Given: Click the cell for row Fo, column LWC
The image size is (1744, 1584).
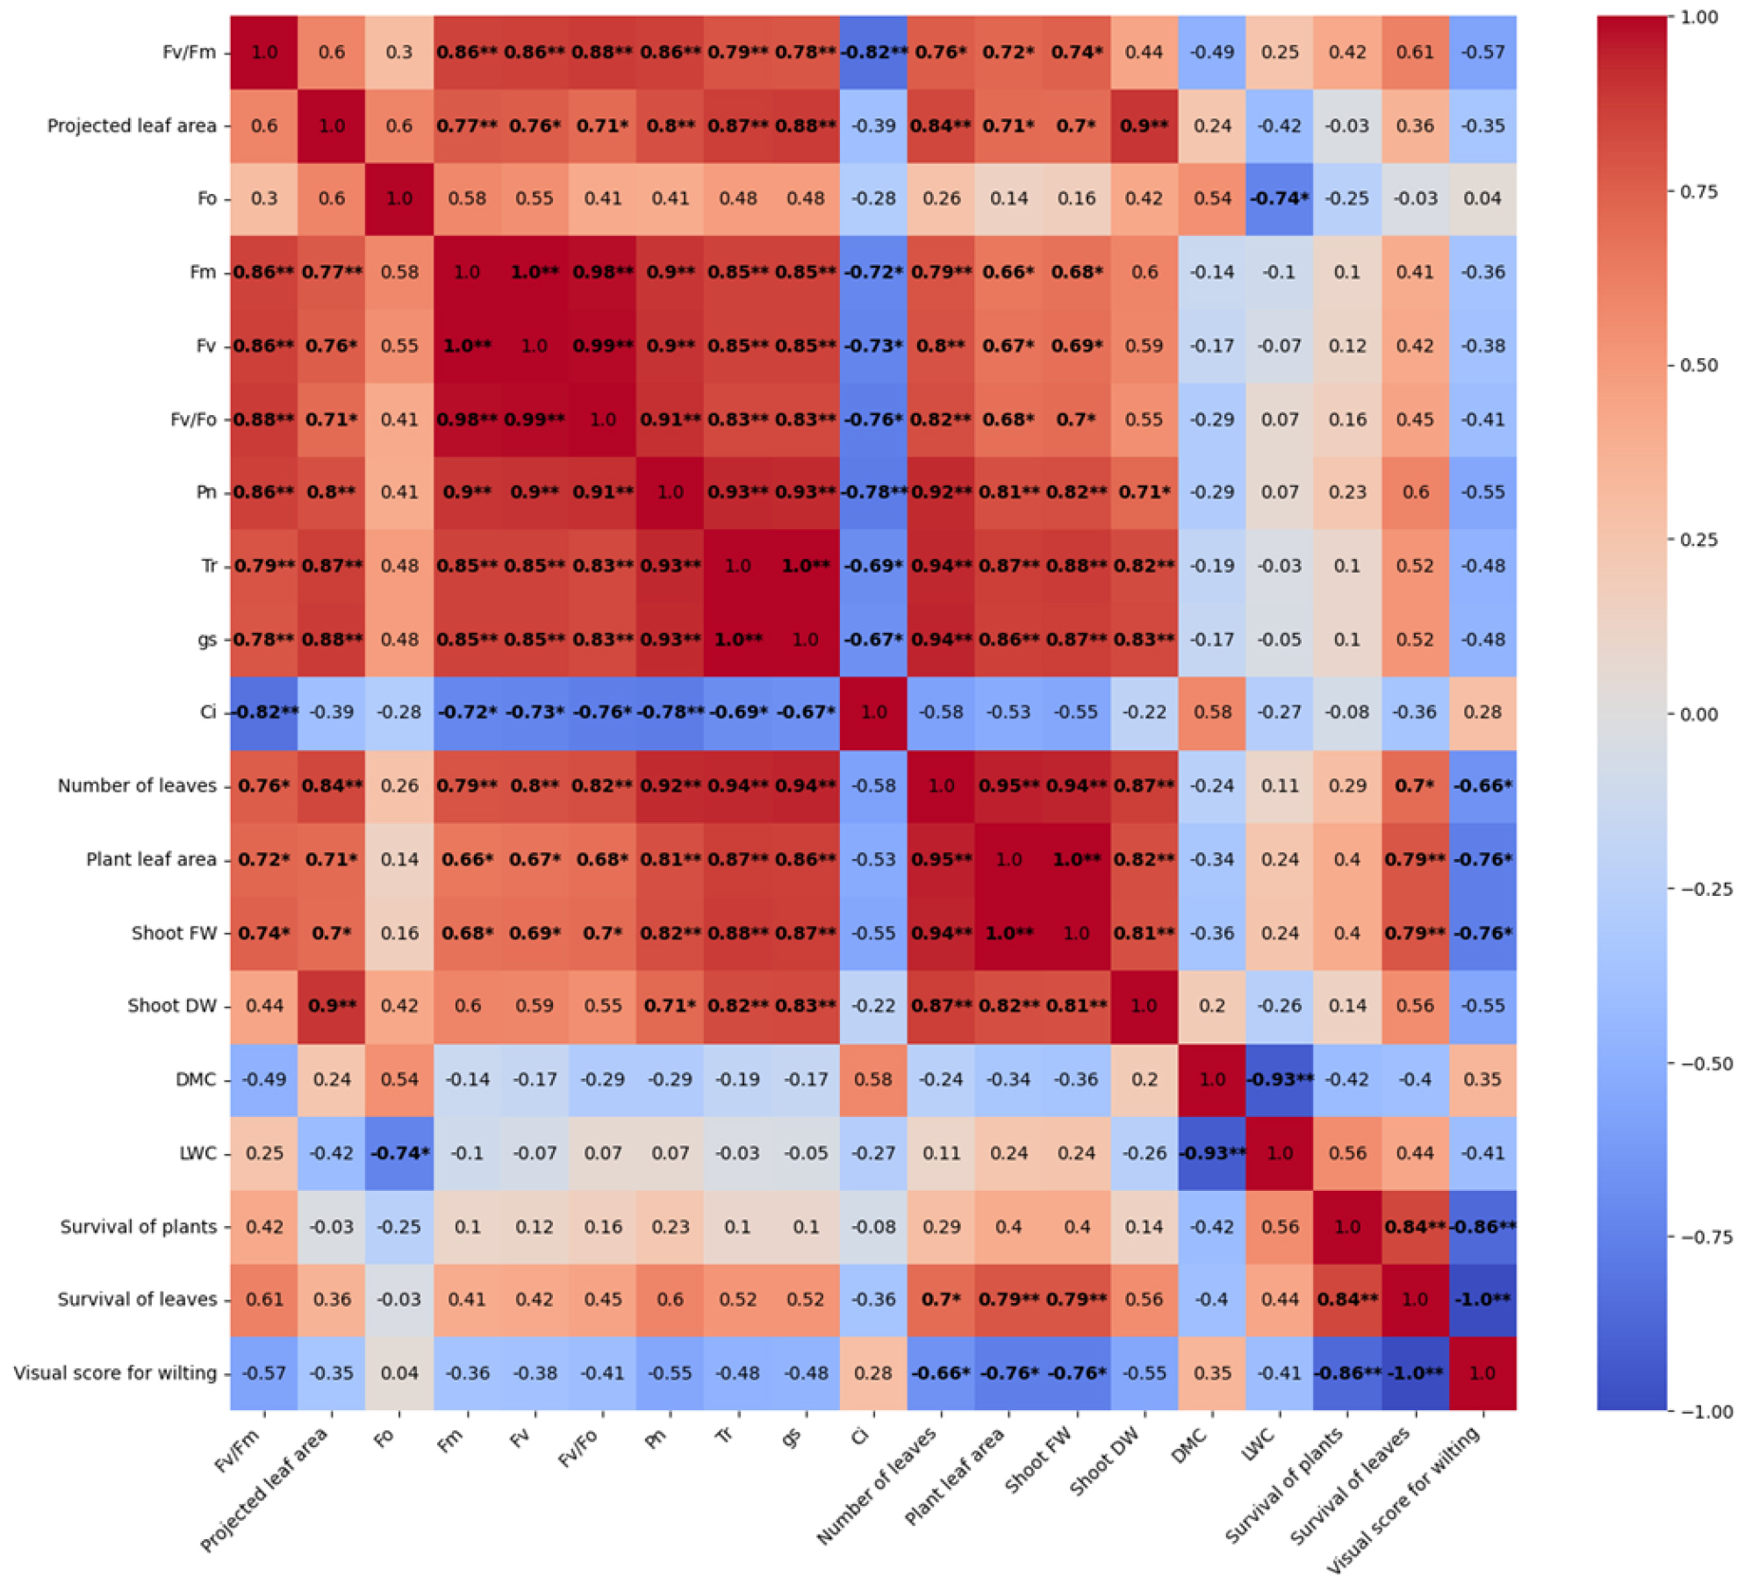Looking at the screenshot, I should [1279, 198].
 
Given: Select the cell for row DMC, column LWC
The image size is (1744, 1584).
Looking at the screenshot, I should [1279, 1079].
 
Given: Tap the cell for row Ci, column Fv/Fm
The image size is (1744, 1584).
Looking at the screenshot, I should [264, 712].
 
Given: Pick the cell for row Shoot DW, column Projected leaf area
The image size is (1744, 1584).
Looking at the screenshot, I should [332, 1006].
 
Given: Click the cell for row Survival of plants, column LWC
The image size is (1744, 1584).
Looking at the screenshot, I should [1279, 1227].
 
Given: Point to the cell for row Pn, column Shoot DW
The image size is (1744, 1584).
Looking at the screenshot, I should [1144, 492].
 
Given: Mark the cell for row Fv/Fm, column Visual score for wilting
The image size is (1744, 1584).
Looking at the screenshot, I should [1482, 52].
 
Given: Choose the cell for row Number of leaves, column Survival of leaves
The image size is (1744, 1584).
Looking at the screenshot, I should [1415, 785].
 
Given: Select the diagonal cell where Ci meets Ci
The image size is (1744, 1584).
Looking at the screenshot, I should [873, 712].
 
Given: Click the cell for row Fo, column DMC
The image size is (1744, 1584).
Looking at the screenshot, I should [1212, 198].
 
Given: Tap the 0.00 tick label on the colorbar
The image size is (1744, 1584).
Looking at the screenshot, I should [1698, 714].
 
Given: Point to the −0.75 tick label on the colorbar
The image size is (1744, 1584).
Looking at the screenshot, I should [1698, 1237].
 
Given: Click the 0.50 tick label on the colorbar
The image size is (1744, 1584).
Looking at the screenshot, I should [1698, 365].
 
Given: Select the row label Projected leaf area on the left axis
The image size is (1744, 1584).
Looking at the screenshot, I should [132, 125].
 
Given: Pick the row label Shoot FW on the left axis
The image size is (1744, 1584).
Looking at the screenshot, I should [174, 933].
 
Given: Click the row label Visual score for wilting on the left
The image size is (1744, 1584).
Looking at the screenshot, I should [115, 1373].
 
